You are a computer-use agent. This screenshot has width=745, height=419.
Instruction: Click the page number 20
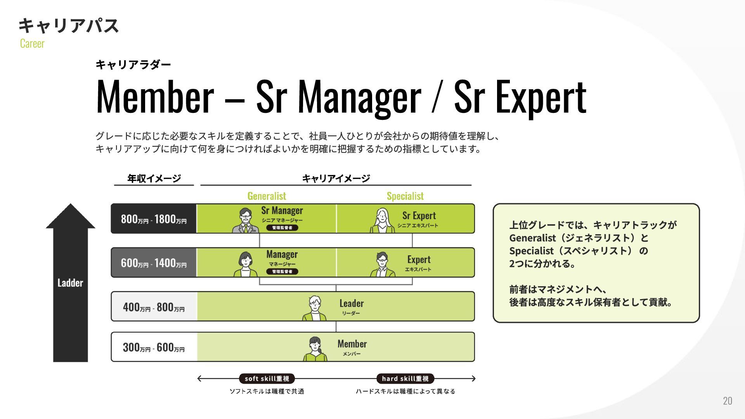727,401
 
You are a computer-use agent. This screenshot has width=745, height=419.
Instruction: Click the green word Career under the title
32,43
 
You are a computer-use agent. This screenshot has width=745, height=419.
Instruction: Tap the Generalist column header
267,196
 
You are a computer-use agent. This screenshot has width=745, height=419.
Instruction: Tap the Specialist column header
405,196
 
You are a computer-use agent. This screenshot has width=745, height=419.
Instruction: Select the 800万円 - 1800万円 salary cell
154,219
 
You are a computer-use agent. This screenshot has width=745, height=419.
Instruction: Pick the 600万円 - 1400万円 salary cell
154,263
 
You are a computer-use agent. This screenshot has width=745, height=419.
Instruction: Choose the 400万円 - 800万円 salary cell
154,307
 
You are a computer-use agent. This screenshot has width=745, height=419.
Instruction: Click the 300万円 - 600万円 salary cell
154,347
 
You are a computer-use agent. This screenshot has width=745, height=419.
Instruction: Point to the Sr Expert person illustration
382,220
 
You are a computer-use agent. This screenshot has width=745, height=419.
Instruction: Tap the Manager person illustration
245,264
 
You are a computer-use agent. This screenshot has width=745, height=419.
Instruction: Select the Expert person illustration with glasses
382,264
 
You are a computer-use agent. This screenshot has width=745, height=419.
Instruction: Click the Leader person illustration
314,308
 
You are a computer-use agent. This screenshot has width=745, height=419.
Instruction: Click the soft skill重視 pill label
267,379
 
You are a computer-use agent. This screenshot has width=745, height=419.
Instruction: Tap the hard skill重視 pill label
405,379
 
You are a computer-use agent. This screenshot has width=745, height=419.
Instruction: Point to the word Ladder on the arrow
70,283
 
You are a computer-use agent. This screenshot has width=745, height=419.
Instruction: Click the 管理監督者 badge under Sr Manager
282,228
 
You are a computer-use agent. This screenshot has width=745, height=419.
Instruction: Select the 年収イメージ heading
154,178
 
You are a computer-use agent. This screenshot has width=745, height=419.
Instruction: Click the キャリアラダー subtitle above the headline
133,64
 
